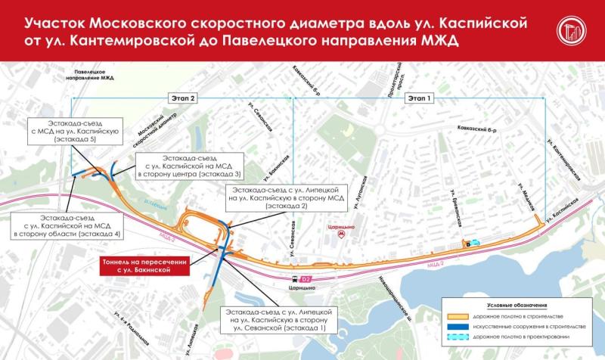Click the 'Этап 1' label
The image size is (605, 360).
(x=417, y=98)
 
